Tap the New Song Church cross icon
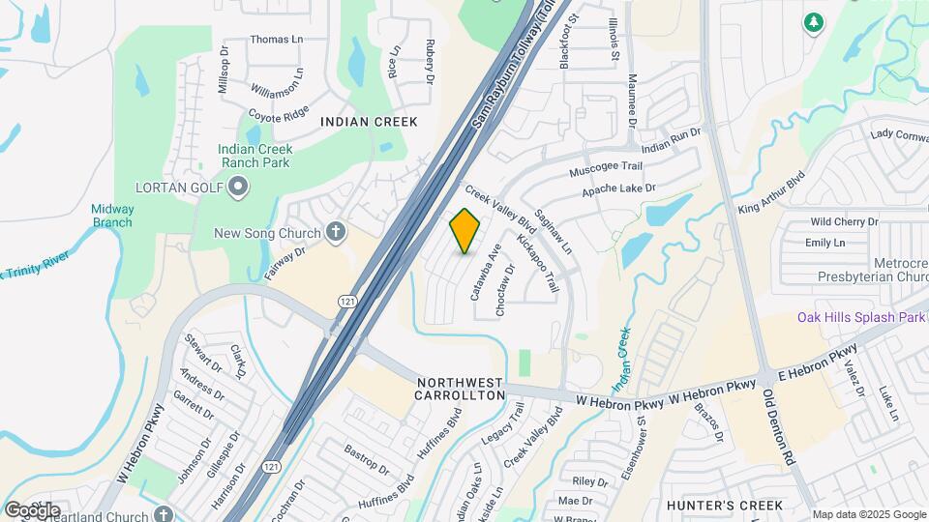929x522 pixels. point(336,231)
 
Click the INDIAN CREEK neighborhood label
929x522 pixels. point(369,122)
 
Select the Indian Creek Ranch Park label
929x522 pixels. point(255,157)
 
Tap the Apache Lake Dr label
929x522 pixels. point(619,191)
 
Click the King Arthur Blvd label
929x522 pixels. point(771,193)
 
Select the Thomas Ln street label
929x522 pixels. point(276,40)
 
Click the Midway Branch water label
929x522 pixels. point(112,216)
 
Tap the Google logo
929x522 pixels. point(32,509)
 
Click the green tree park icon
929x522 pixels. point(814,21)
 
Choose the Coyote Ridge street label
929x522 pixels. point(278,113)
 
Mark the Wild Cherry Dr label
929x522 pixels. point(844,222)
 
